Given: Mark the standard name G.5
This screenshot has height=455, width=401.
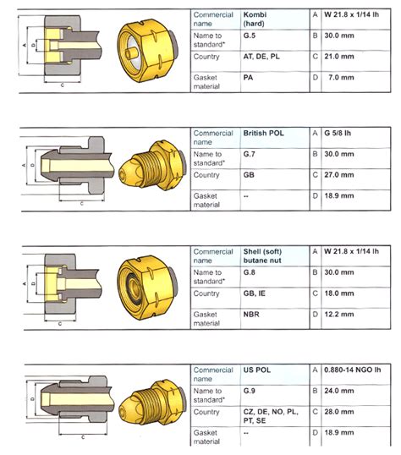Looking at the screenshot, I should coord(250,37).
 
